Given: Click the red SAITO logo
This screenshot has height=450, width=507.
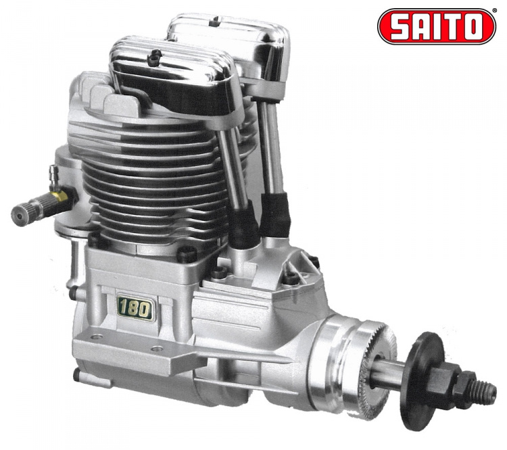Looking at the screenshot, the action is [x=437, y=26].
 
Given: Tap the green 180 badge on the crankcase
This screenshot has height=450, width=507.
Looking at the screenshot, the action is [x=135, y=309].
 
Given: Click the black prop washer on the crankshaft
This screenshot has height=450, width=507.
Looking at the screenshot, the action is [x=420, y=382].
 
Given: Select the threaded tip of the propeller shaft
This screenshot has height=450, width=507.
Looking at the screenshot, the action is [x=485, y=390].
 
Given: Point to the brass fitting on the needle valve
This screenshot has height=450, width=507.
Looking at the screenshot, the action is [x=59, y=195].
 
